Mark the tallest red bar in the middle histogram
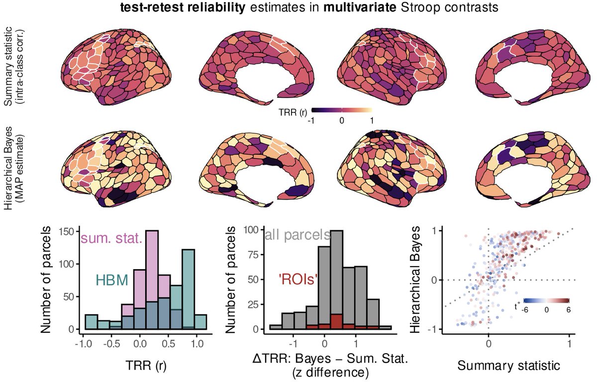click(x=336, y=321)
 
